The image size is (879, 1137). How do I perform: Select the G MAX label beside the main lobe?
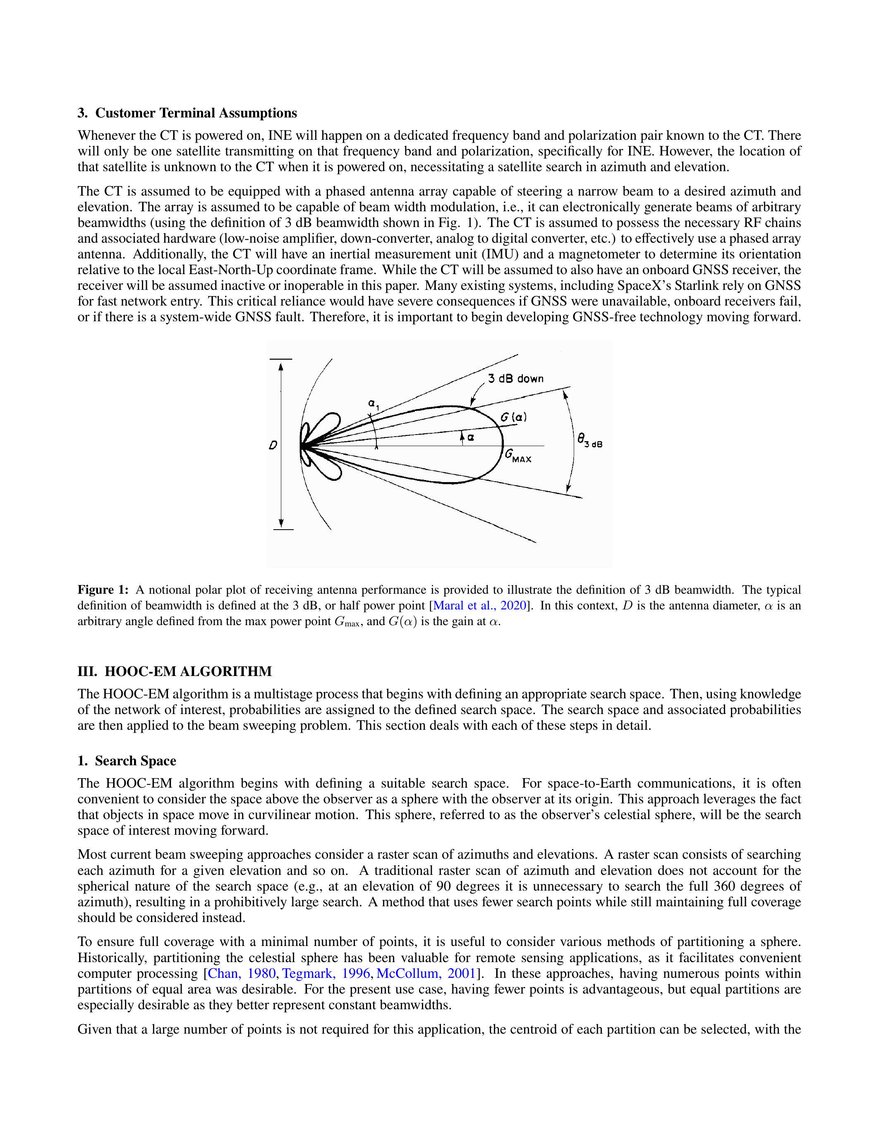pos(518,456)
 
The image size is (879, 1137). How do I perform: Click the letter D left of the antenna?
pos(272,446)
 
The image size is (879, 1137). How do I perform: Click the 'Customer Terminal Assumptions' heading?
pos(196,113)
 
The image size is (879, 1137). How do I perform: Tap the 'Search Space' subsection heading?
pos(135,761)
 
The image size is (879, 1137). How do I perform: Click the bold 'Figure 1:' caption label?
pos(103,590)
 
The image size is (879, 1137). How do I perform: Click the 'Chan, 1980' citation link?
pos(242,974)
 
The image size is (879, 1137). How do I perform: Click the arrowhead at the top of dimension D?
pos(281,366)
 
